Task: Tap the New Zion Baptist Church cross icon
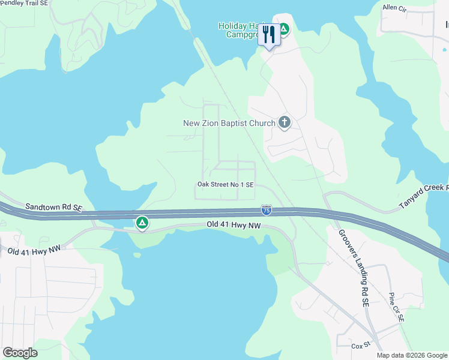(285, 123)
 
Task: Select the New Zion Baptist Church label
(229, 123)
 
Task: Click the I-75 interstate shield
(266, 210)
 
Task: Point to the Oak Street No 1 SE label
(225, 185)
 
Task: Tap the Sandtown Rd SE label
(53, 207)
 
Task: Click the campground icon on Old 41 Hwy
(142, 223)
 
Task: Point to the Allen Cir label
(394, 8)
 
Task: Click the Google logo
(20, 352)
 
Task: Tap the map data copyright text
(412, 355)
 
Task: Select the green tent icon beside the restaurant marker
(285, 28)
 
